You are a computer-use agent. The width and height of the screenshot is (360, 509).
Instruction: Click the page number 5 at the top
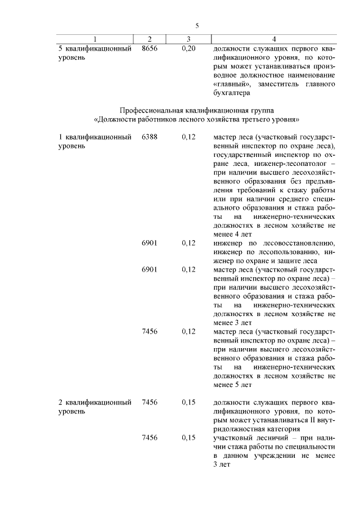[197, 25]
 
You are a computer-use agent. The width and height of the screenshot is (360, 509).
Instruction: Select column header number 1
[94, 39]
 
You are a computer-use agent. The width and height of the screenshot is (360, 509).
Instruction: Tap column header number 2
[150, 39]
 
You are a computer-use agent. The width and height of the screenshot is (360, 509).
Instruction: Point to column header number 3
[188, 39]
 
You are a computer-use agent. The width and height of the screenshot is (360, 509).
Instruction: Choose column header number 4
[273, 39]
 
